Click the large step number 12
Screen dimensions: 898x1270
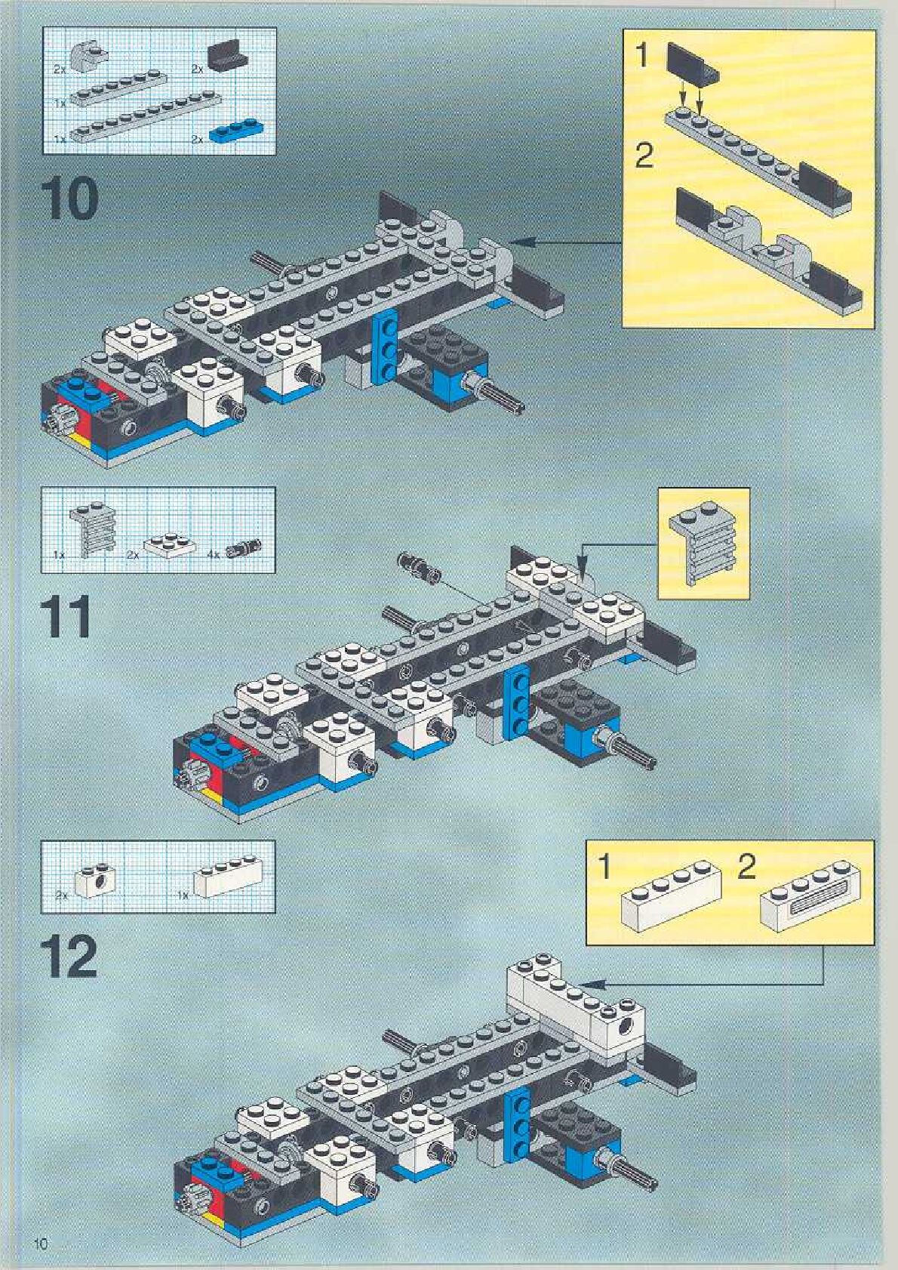pos(71,957)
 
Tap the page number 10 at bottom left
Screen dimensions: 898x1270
pos(40,1243)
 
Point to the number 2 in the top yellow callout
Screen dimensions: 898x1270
pos(644,157)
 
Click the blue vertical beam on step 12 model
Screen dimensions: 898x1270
pos(517,1120)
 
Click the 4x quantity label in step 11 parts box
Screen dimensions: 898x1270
pos(213,554)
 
